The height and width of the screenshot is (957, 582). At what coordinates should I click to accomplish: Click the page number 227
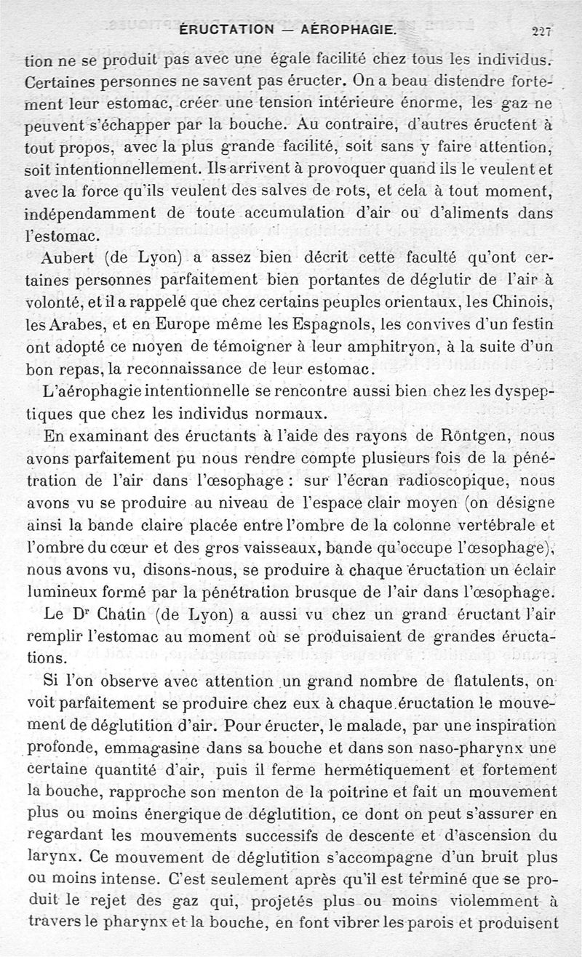542,31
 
